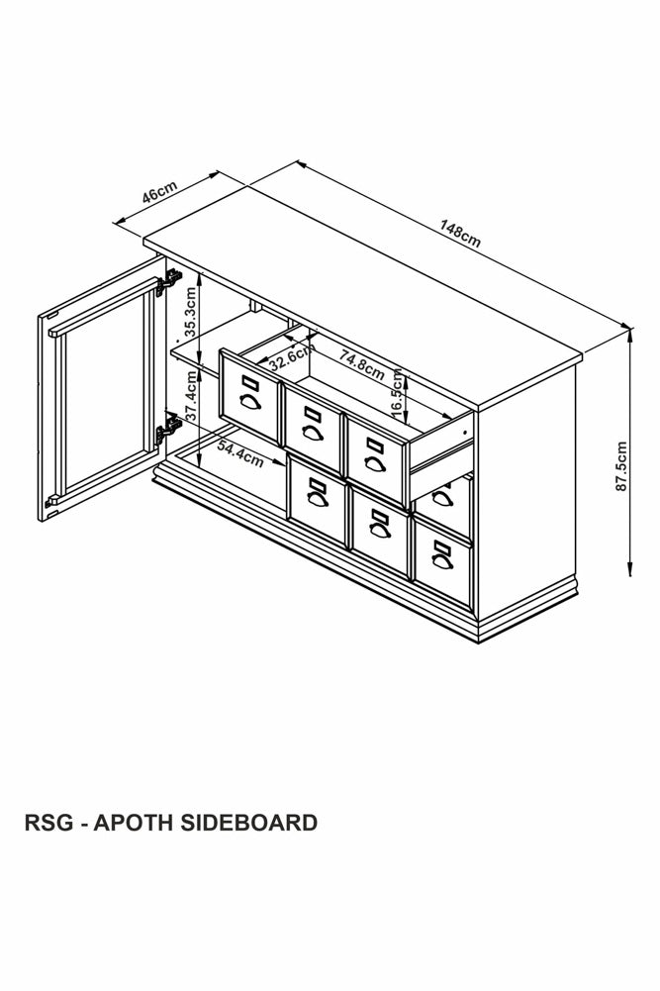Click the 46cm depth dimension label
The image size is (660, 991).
pyautogui.click(x=159, y=192)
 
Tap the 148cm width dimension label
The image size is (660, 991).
pyautogui.click(x=460, y=234)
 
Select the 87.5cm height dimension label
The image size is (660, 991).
pyautogui.click(x=621, y=465)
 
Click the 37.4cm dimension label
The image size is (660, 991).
pyautogui.click(x=192, y=396)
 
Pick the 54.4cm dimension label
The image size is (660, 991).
pyautogui.click(x=240, y=453)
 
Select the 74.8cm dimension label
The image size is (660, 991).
pyautogui.click(x=362, y=364)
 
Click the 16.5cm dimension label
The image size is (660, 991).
pyautogui.click(x=397, y=393)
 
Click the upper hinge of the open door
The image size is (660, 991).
pyautogui.click(x=168, y=282)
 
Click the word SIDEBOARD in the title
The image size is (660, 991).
pyautogui.click(x=248, y=823)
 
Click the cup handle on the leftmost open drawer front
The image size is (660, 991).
pyautogui.click(x=250, y=402)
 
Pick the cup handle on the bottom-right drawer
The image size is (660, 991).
pyautogui.click(x=442, y=561)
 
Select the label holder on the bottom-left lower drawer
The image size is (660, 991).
pyautogui.click(x=317, y=485)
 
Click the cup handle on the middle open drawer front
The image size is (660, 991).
pyautogui.click(x=313, y=433)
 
